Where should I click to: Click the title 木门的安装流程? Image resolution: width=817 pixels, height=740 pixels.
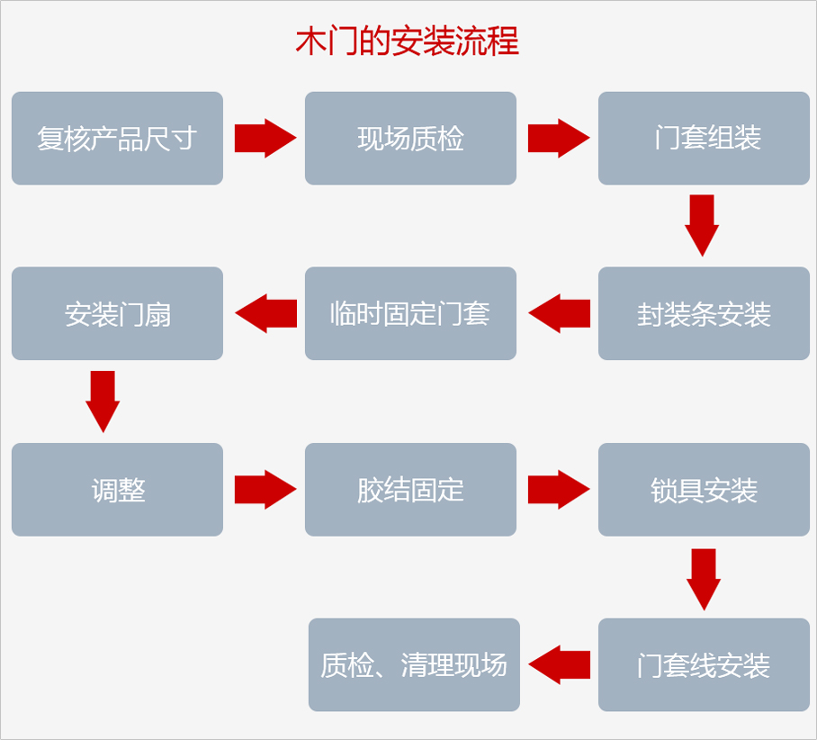(408, 42)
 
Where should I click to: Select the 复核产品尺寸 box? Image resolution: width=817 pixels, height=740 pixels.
(117, 139)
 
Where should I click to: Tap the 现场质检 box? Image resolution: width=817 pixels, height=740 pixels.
(410, 139)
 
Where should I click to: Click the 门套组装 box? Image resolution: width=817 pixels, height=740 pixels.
(704, 139)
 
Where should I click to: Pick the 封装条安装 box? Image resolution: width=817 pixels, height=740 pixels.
(704, 314)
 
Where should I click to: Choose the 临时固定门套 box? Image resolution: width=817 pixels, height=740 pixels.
(410, 314)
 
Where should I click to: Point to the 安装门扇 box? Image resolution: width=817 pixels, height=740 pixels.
(117, 314)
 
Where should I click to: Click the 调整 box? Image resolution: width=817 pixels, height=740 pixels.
(117, 490)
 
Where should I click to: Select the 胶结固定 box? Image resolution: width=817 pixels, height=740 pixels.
(410, 490)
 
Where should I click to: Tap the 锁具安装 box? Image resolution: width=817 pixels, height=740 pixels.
(704, 490)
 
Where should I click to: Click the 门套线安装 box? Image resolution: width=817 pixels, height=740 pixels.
(704, 665)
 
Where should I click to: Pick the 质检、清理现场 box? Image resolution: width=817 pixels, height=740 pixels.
(414, 665)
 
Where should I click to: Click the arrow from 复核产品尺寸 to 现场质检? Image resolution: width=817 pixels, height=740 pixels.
(265, 139)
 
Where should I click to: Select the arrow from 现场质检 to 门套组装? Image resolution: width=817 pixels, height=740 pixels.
(558, 139)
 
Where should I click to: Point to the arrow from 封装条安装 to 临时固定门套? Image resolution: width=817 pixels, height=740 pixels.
(559, 314)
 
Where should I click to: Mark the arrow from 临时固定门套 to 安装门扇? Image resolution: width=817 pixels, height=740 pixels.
(265, 314)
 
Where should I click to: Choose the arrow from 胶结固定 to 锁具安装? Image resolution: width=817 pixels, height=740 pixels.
(558, 490)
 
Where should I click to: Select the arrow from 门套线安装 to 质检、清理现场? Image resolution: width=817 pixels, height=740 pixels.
(559, 665)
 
